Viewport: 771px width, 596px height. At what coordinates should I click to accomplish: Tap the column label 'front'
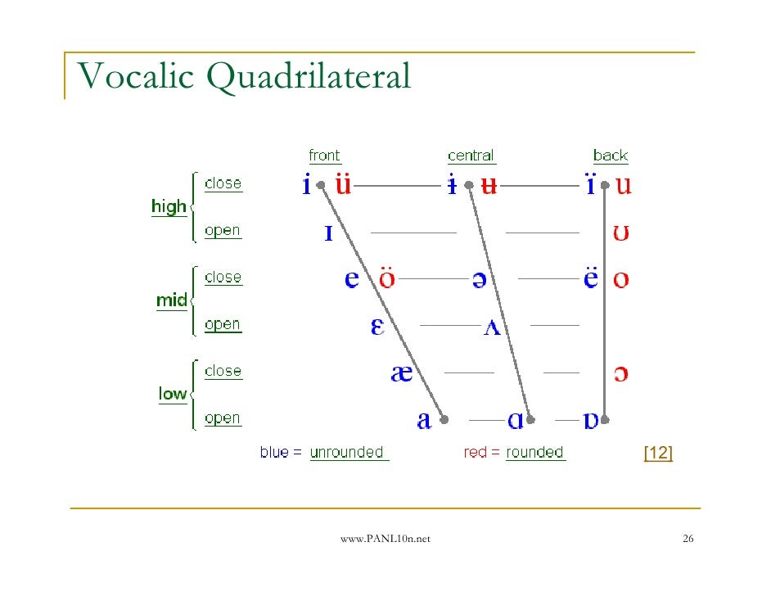(324, 156)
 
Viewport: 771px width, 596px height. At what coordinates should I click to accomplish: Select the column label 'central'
(471, 156)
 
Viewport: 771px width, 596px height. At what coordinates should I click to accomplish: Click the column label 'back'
(611, 156)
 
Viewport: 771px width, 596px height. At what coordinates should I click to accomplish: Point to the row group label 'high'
(169, 207)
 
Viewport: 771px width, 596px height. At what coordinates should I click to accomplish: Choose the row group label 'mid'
(171, 300)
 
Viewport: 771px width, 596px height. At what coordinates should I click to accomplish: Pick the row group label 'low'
(172, 394)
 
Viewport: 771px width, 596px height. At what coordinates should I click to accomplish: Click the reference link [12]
(658, 453)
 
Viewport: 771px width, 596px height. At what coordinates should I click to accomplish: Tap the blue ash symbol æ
(401, 373)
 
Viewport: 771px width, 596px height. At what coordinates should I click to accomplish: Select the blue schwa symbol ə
(478, 280)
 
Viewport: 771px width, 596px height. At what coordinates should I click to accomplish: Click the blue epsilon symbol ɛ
(377, 327)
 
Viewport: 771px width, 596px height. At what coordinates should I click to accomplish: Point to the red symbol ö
(386, 278)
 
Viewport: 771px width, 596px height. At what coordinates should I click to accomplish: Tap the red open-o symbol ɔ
(621, 374)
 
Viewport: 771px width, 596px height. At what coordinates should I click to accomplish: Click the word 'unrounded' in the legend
(347, 453)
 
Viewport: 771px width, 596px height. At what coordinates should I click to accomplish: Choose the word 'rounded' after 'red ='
(534, 453)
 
